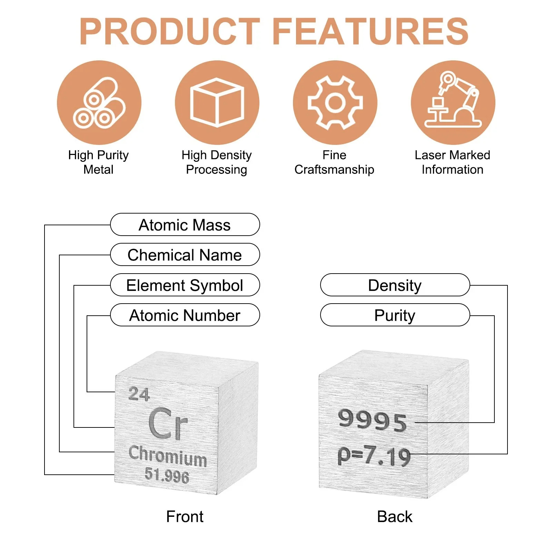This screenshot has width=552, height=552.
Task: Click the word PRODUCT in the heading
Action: [169, 31]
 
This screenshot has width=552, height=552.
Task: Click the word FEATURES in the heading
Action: [371, 31]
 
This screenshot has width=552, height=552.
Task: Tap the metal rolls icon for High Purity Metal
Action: [99, 102]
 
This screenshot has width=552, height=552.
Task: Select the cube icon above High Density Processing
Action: [217, 102]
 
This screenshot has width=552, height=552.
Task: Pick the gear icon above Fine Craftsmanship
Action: [335, 102]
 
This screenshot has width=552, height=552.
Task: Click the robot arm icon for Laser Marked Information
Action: [453, 102]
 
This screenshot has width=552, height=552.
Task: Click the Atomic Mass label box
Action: [185, 225]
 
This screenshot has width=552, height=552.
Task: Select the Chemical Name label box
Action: [185, 255]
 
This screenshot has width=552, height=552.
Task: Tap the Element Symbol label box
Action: [185, 285]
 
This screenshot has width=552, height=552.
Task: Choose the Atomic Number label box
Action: [185, 315]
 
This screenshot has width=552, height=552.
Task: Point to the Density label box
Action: [395, 285]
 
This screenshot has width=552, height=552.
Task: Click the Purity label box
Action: [395, 315]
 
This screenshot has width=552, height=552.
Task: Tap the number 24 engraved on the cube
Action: [139, 394]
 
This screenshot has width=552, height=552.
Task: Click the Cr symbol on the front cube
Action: [168, 423]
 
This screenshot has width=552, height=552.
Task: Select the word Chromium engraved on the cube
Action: [168, 456]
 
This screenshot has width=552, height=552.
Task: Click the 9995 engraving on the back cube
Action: [373, 420]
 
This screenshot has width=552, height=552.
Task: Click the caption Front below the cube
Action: [185, 516]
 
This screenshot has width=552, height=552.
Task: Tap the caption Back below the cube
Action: [395, 516]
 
